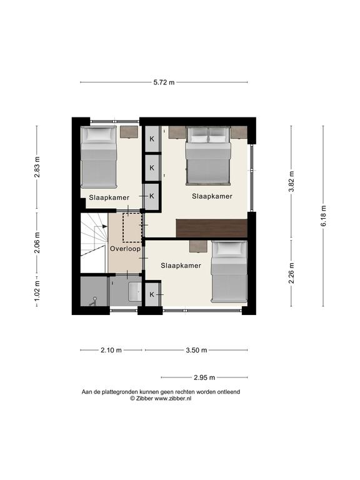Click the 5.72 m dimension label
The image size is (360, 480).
(164, 82)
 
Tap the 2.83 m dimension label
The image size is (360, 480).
(37, 167)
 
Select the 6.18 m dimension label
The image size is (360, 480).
(324, 216)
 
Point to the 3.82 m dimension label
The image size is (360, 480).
(291, 181)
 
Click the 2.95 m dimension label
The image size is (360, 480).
(204, 377)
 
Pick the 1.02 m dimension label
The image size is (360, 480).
(37, 290)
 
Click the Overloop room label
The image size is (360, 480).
(125, 249)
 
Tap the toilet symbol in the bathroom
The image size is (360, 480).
(92, 301)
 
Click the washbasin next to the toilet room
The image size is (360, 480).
(135, 291)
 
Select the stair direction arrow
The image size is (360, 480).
(101, 226)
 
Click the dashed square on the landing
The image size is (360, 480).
(132, 227)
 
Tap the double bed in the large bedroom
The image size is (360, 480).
(208, 156)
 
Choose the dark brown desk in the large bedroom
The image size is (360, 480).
(211, 227)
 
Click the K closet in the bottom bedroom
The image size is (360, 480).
(152, 294)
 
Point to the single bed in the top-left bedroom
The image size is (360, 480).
(99, 157)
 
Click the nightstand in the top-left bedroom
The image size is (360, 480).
(129, 132)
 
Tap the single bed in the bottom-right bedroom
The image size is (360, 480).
(229, 271)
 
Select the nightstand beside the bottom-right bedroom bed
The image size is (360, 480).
(197, 246)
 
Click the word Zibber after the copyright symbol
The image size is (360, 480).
(144, 398)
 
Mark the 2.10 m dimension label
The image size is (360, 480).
(111, 350)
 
